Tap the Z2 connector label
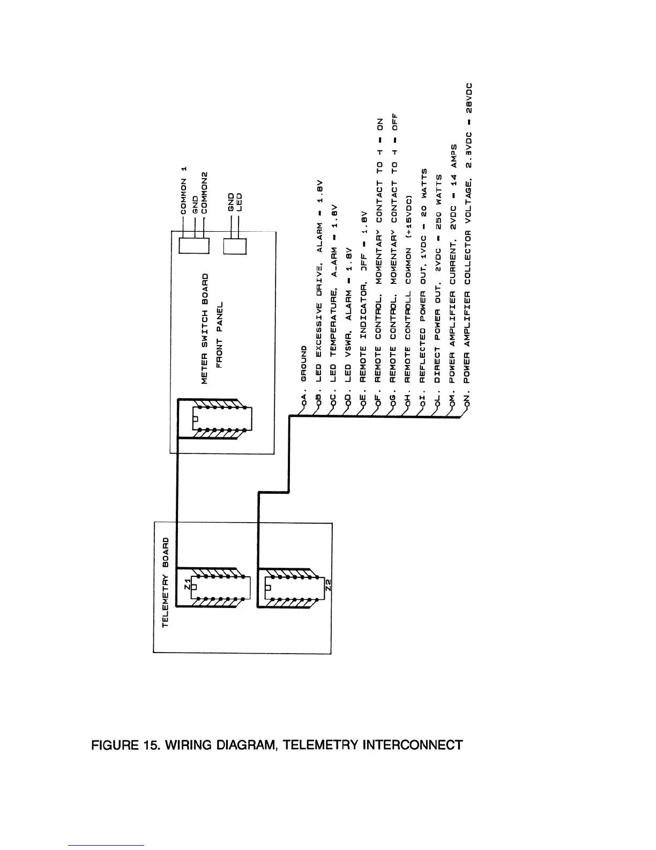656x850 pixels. [329, 585]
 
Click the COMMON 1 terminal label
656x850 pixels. [184, 190]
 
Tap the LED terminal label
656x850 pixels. [240, 201]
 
